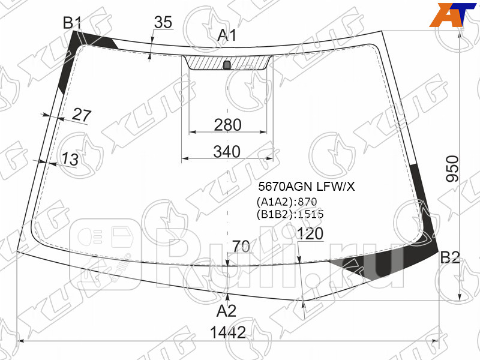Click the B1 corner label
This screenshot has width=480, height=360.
coord(72,23)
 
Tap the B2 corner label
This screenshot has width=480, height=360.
coord(450,257)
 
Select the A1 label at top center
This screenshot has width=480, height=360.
coord(227,35)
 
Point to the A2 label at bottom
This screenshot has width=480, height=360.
coord(226,311)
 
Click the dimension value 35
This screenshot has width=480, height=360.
coord(163,22)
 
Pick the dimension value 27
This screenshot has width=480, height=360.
coord(82,115)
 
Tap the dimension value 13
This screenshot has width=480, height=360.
coord(70,159)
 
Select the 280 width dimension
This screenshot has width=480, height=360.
coord(228,125)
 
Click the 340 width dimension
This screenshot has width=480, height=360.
coord(227,152)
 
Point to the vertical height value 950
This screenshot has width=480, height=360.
coord(452,169)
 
